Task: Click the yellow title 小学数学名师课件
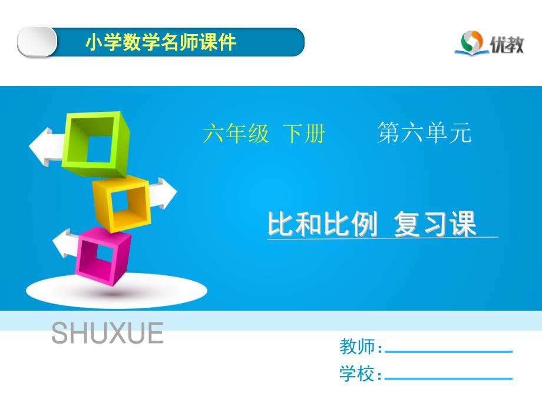[161, 42]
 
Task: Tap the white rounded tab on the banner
[37, 42]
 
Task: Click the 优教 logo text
[507, 45]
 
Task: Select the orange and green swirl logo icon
[471, 42]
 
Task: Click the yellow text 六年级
[236, 133]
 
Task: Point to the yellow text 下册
[304, 133]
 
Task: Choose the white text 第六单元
[424, 132]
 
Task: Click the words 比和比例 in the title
[322, 224]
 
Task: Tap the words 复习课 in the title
[435, 224]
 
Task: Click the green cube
[95, 144]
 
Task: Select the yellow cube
[121, 204]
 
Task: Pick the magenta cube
[103, 256]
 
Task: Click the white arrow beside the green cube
[46, 147]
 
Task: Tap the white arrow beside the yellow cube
[164, 194]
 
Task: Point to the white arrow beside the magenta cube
[65, 243]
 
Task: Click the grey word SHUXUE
[107, 333]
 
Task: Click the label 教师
[357, 346]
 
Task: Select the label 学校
[357, 374]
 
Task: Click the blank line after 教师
[448, 351]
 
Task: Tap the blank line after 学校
[448, 379]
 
